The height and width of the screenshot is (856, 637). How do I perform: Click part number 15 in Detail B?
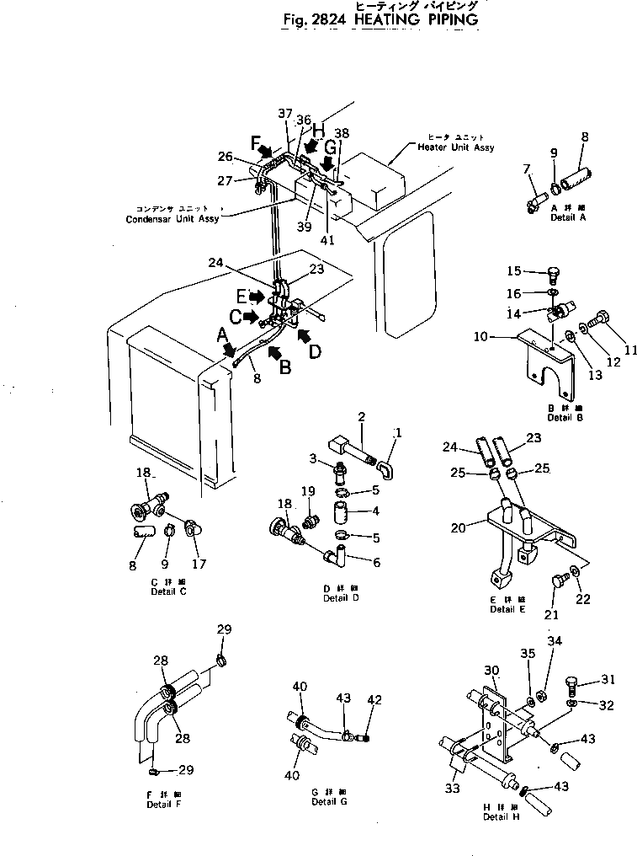(x=515, y=271)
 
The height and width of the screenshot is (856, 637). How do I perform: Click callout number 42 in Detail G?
(x=375, y=699)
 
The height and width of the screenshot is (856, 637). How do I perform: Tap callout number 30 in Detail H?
(x=491, y=670)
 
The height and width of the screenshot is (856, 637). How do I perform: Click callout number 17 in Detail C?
(x=199, y=564)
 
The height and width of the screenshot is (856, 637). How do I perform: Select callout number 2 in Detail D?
(x=361, y=416)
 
